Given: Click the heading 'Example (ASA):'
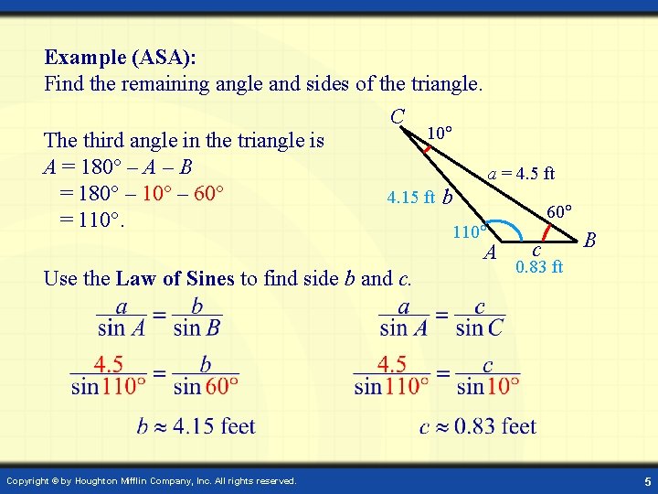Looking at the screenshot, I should tap(120, 58).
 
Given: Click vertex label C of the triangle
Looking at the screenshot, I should tap(398, 116).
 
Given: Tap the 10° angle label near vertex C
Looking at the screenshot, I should tap(440, 134).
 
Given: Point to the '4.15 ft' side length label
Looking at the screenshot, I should tap(410, 197).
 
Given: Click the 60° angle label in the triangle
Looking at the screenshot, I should tap(558, 211).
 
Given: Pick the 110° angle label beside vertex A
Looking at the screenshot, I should tap(470, 232).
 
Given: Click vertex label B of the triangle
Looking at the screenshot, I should tap(590, 241).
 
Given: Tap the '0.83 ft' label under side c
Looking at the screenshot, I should tap(539, 267).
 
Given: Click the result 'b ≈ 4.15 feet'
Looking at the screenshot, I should tap(196, 425).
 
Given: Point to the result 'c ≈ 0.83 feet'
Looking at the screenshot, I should tap(477, 425).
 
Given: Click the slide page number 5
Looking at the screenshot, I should tap(646, 481).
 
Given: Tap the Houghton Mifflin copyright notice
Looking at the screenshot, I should tap(151, 481).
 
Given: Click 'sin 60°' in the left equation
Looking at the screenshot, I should tap(206, 385).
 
